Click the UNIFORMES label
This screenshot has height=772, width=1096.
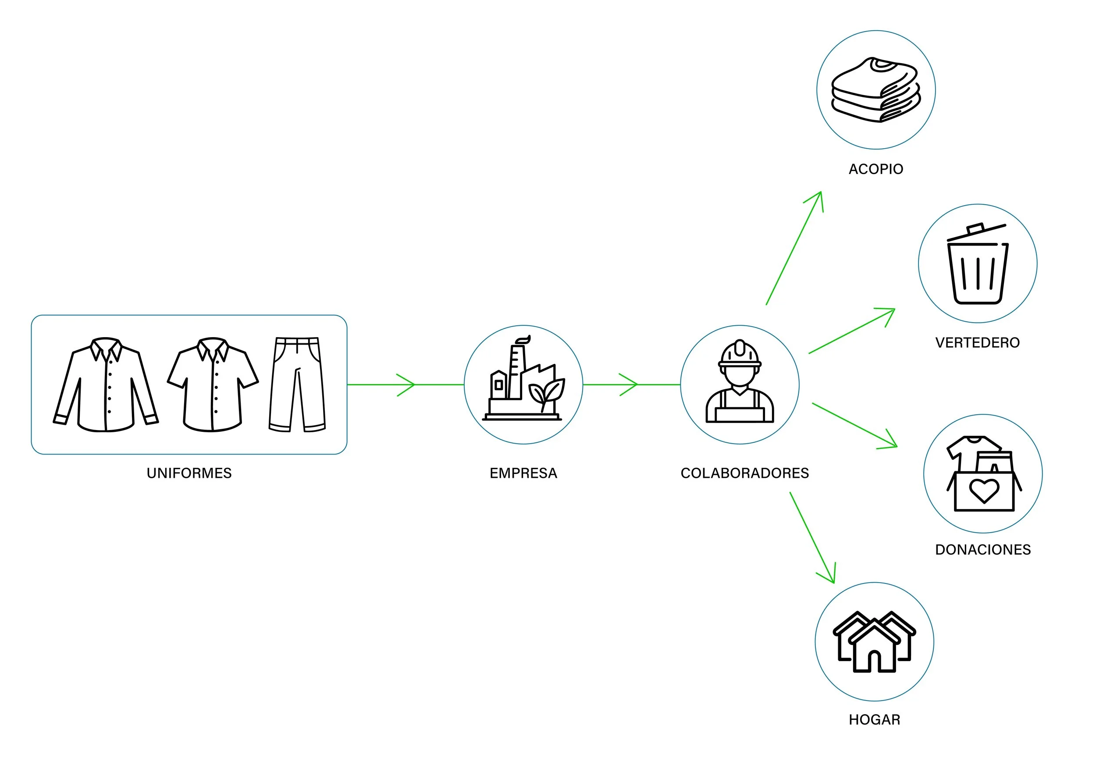[x=189, y=473]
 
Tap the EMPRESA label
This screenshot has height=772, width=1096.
[x=523, y=473]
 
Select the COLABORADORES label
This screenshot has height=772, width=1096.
[x=744, y=473]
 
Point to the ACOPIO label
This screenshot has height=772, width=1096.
[x=875, y=169]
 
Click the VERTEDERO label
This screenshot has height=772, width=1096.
[x=977, y=343]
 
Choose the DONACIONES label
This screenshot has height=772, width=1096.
[x=983, y=550]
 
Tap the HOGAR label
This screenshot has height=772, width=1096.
[x=874, y=719]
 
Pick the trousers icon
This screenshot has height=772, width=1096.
[x=297, y=385]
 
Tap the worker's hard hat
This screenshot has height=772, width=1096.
[x=740, y=354]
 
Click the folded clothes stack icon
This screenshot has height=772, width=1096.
[x=875, y=90]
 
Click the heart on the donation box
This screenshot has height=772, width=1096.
[x=984, y=490]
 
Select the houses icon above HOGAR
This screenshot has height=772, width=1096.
[x=874, y=642]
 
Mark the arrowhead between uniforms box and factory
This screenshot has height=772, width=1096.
[x=409, y=384]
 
